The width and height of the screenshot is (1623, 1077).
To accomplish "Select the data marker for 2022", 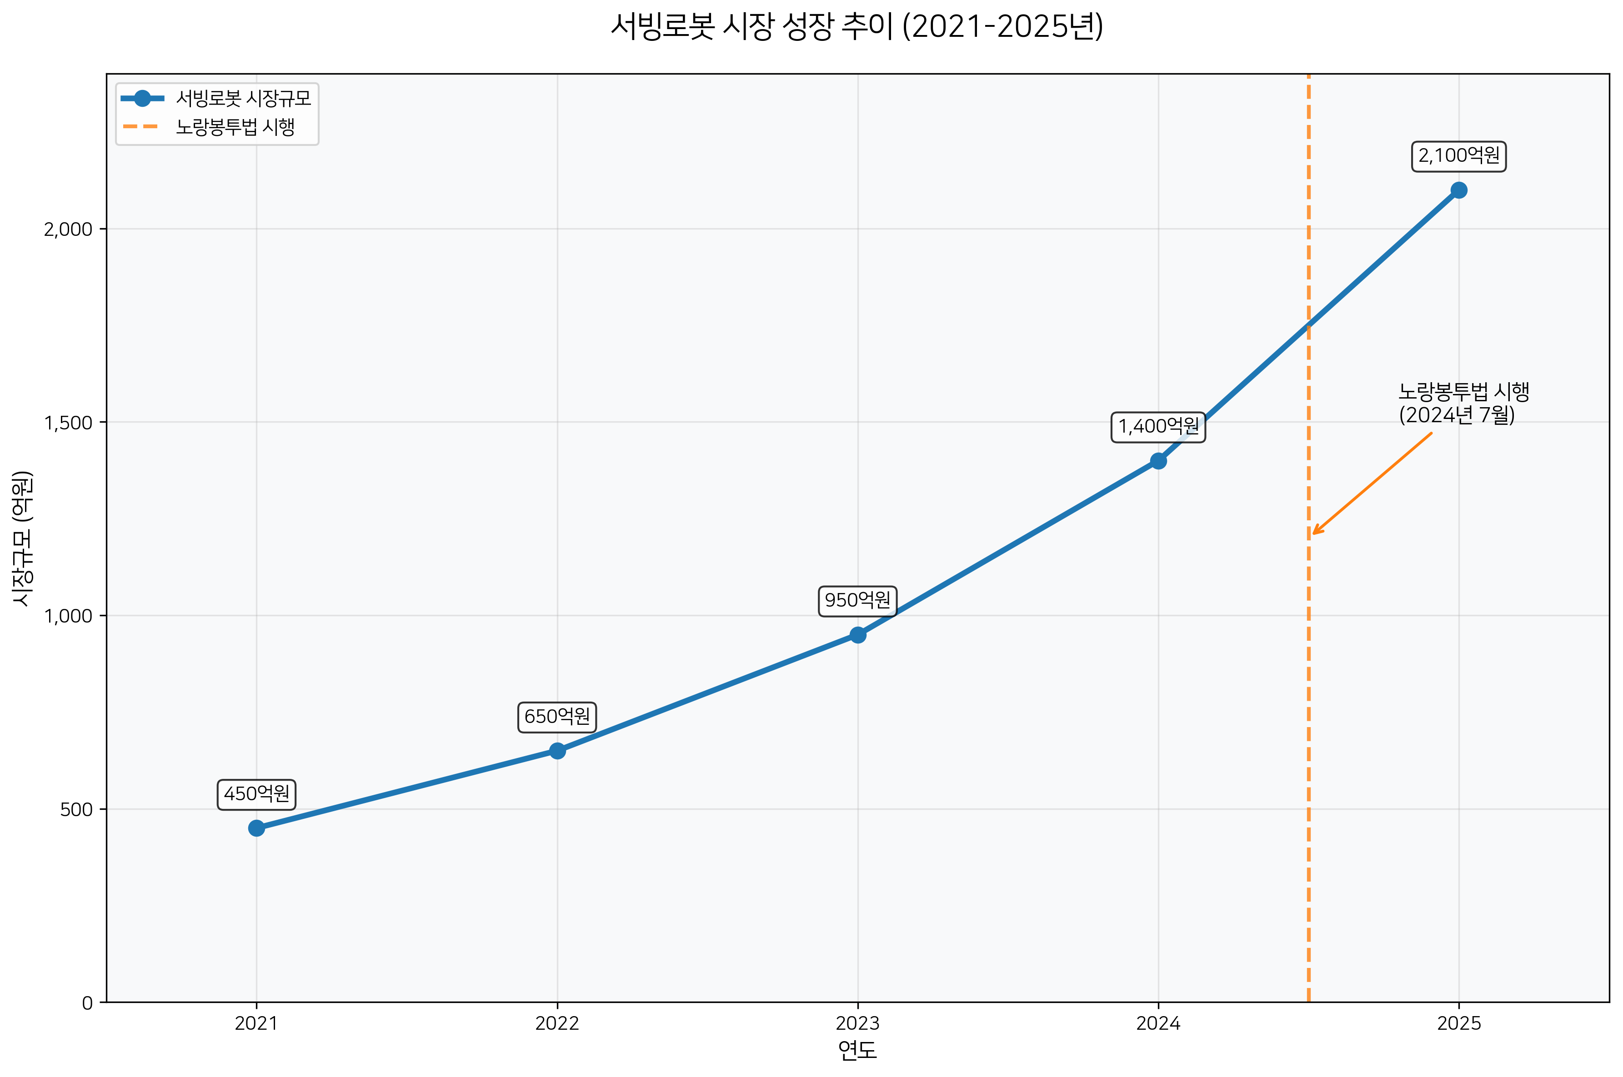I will click(x=557, y=751).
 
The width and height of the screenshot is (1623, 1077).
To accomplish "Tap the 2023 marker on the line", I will click(x=857, y=635).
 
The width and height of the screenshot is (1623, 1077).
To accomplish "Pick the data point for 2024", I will click(x=1158, y=461).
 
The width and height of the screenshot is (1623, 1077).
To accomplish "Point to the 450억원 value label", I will click(x=256, y=794).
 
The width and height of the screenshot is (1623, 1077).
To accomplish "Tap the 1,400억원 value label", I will click(x=1158, y=427).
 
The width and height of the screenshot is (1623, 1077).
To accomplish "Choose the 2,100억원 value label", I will click(x=1459, y=156).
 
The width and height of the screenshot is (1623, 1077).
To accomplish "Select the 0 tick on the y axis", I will click(x=87, y=1003).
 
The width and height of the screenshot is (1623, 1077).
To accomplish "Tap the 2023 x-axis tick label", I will click(x=857, y=1023).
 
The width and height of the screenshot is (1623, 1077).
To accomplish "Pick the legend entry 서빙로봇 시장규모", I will click(x=243, y=98).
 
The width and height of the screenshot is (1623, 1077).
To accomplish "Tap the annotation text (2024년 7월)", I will click(x=1457, y=415).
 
